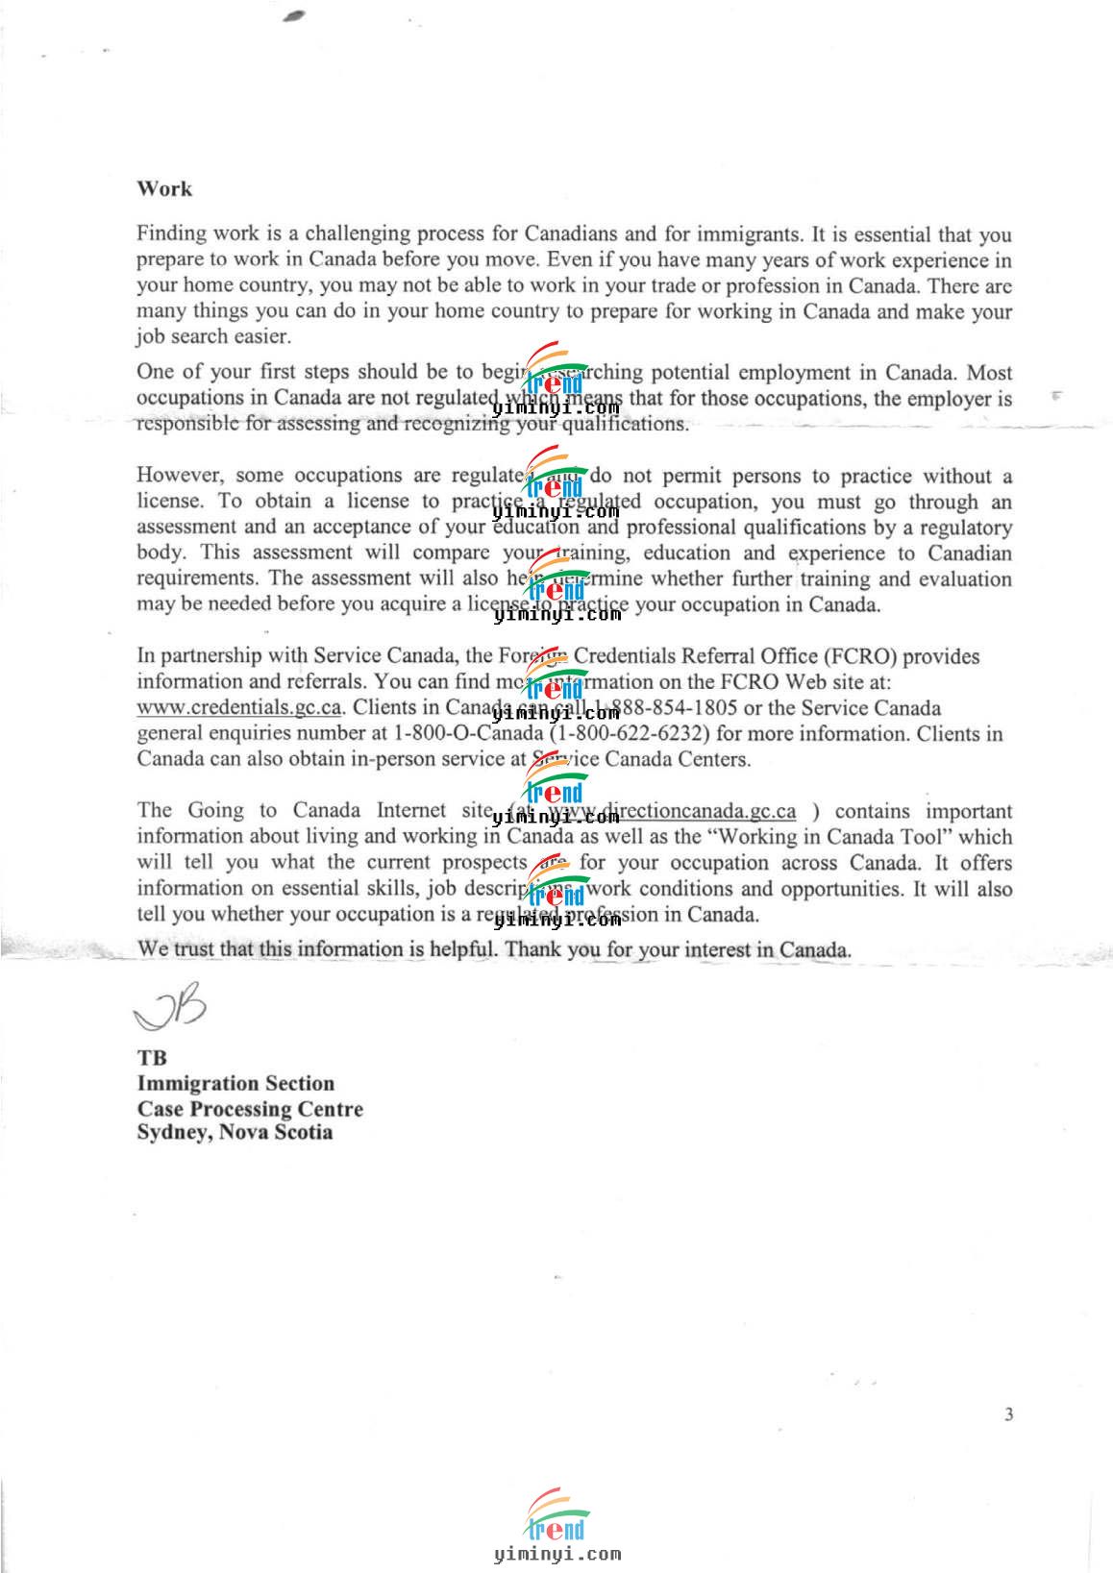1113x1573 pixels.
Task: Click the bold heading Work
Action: click(164, 188)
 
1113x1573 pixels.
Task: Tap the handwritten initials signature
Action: click(170, 1005)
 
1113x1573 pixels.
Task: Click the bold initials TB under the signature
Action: click(152, 1057)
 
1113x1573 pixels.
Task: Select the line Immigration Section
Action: click(235, 1083)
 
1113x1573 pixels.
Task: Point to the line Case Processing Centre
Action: click(250, 1108)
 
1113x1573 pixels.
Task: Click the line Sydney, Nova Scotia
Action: click(235, 1132)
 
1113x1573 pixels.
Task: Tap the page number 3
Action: click(1008, 1413)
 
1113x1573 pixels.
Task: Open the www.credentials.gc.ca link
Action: click(239, 707)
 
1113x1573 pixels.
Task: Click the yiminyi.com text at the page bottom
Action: click(556, 1553)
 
